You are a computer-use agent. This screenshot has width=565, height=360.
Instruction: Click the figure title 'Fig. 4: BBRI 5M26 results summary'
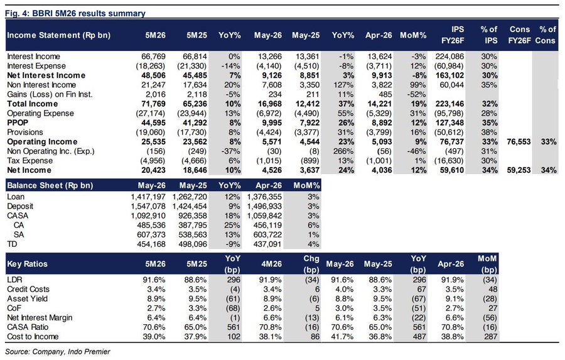(x=75, y=13)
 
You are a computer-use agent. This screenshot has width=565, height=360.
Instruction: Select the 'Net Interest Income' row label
(x=46, y=75)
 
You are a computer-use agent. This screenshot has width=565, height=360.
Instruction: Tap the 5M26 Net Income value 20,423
(x=154, y=170)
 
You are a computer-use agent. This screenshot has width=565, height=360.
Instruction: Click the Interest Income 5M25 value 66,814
(x=195, y=57)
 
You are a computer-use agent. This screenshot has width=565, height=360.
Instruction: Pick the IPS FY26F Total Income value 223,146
(x=449, y=104)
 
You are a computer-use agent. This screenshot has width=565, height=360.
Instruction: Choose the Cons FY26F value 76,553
(x=519, y=142)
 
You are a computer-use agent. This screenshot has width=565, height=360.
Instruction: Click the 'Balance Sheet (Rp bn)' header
(x=50, y=185)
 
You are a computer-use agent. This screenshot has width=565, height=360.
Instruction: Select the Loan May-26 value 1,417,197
(x=148, y=197)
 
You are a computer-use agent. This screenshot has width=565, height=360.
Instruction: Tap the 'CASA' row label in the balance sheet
(x=18, y=215)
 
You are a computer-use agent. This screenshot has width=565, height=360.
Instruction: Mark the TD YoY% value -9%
(x=233, y=244)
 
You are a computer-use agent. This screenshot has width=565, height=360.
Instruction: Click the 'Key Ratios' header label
(x=27, y=264)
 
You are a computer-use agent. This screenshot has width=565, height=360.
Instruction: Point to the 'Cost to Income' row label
(x=33, y=337)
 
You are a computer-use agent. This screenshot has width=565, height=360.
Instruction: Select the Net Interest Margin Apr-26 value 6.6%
(x=454, y=318)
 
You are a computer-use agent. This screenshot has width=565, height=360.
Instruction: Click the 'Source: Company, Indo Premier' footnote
(x=58, y=352)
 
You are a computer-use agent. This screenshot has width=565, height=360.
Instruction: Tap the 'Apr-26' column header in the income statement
(x=379, y=35)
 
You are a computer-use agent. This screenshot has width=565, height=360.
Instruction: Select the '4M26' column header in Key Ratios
(x=271, y=264)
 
